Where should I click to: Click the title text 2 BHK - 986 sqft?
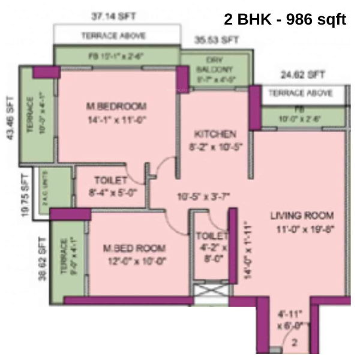pyautogui.click(x=285, y=19)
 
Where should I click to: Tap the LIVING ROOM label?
pyautogui.click(x=301, y=215)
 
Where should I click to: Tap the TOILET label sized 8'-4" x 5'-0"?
pyautogui.click(x=111, y=180)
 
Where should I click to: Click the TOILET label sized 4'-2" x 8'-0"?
pyautogui.click(x=212, y=236)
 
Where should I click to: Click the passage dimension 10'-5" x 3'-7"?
pyautogui.click(x=203, y=196)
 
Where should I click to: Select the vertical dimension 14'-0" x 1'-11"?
pyautogui.click(x=245, y=247)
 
